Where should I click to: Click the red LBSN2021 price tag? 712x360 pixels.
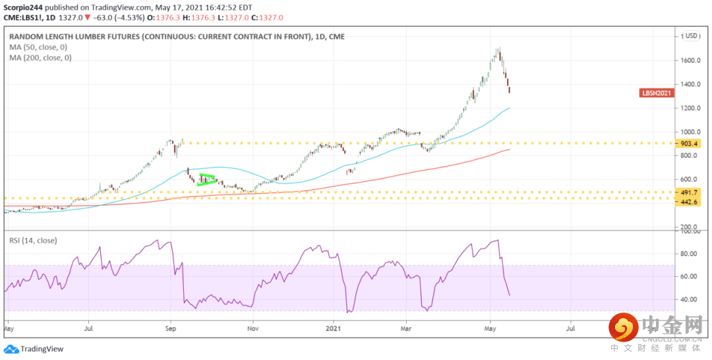(657, 93)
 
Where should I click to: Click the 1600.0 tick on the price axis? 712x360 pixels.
(691, 61)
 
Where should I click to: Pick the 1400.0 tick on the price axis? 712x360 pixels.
(691, 84)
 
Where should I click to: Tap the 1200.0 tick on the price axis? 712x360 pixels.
(691, 108)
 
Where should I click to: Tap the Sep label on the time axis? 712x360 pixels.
(171, 327)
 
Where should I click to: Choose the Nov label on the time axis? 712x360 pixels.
(252, 327)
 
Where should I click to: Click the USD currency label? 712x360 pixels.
(692, 36)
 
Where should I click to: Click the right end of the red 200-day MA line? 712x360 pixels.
(508, 150)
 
